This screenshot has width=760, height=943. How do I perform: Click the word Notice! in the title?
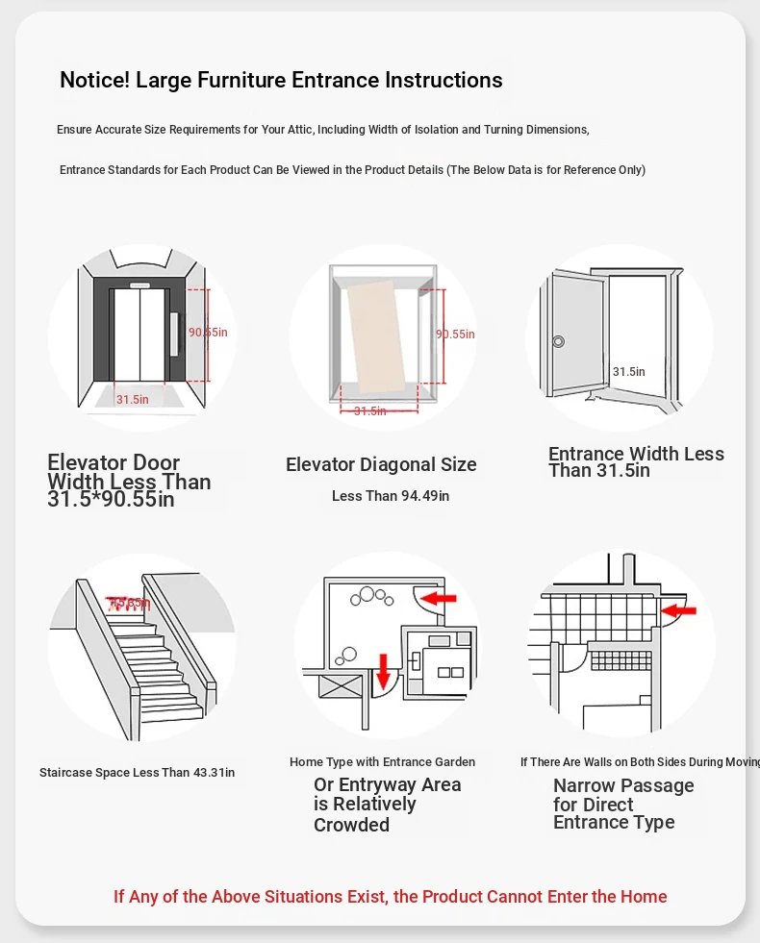click(94, 80)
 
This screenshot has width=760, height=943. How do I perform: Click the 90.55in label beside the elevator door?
click(208, 333)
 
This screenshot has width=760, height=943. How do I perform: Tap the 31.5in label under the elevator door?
click(132, 399)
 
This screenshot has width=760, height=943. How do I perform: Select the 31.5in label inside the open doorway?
click(628, 372)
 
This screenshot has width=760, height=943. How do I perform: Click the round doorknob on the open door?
click(558, 341)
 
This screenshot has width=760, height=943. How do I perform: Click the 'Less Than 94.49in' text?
click(390, 496)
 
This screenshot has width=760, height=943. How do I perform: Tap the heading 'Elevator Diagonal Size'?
click(381, 464)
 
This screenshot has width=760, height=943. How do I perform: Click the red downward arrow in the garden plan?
click(383, 670)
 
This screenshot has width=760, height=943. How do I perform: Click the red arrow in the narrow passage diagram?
click(679, 609)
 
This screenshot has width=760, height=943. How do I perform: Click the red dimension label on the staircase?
click(129, 604)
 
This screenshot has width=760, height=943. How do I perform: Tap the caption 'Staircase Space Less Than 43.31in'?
click(137, 772)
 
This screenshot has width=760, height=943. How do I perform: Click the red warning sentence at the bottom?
click(390, 897)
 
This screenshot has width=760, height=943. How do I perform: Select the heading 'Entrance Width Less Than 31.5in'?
click(635, 462)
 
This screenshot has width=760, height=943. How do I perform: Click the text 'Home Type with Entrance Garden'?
click(382, 762)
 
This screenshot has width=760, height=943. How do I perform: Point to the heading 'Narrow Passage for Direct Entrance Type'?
click(622, 804)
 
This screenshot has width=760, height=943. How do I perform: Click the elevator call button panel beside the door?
click(174, 334)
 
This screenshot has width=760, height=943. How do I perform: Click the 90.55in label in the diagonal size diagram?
click(455, 335)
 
